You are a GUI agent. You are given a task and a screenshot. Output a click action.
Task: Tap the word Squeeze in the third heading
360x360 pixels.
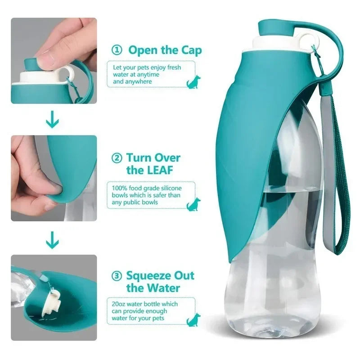(148, 275)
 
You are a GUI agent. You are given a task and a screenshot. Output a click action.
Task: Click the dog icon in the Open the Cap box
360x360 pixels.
(194, 81)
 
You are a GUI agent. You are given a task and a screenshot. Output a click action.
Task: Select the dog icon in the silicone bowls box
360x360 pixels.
(193, 204)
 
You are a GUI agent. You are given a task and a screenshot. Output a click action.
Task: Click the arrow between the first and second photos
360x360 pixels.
(53, 120)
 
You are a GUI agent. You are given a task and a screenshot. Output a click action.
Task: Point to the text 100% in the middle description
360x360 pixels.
(119, 188)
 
